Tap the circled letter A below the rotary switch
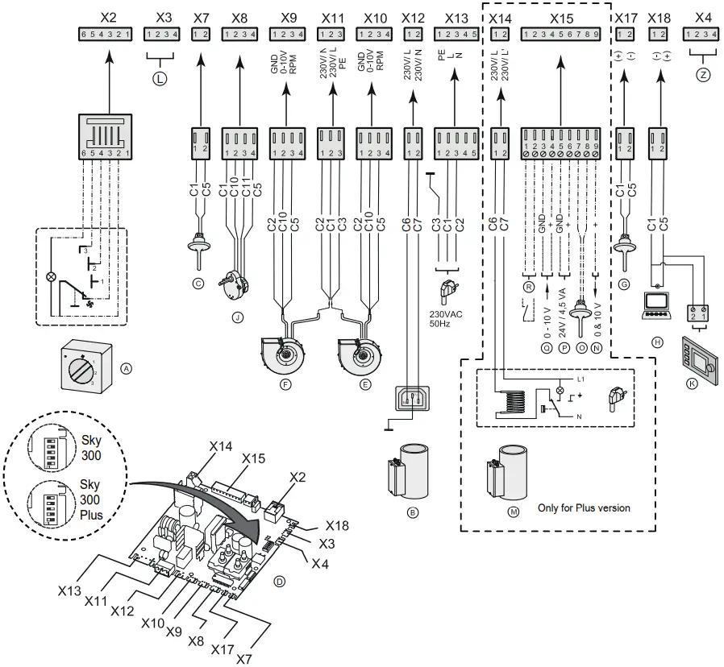[x=125, y=367]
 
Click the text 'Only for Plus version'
[x=584, y=508]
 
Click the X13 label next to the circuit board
[x=69, y=590]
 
